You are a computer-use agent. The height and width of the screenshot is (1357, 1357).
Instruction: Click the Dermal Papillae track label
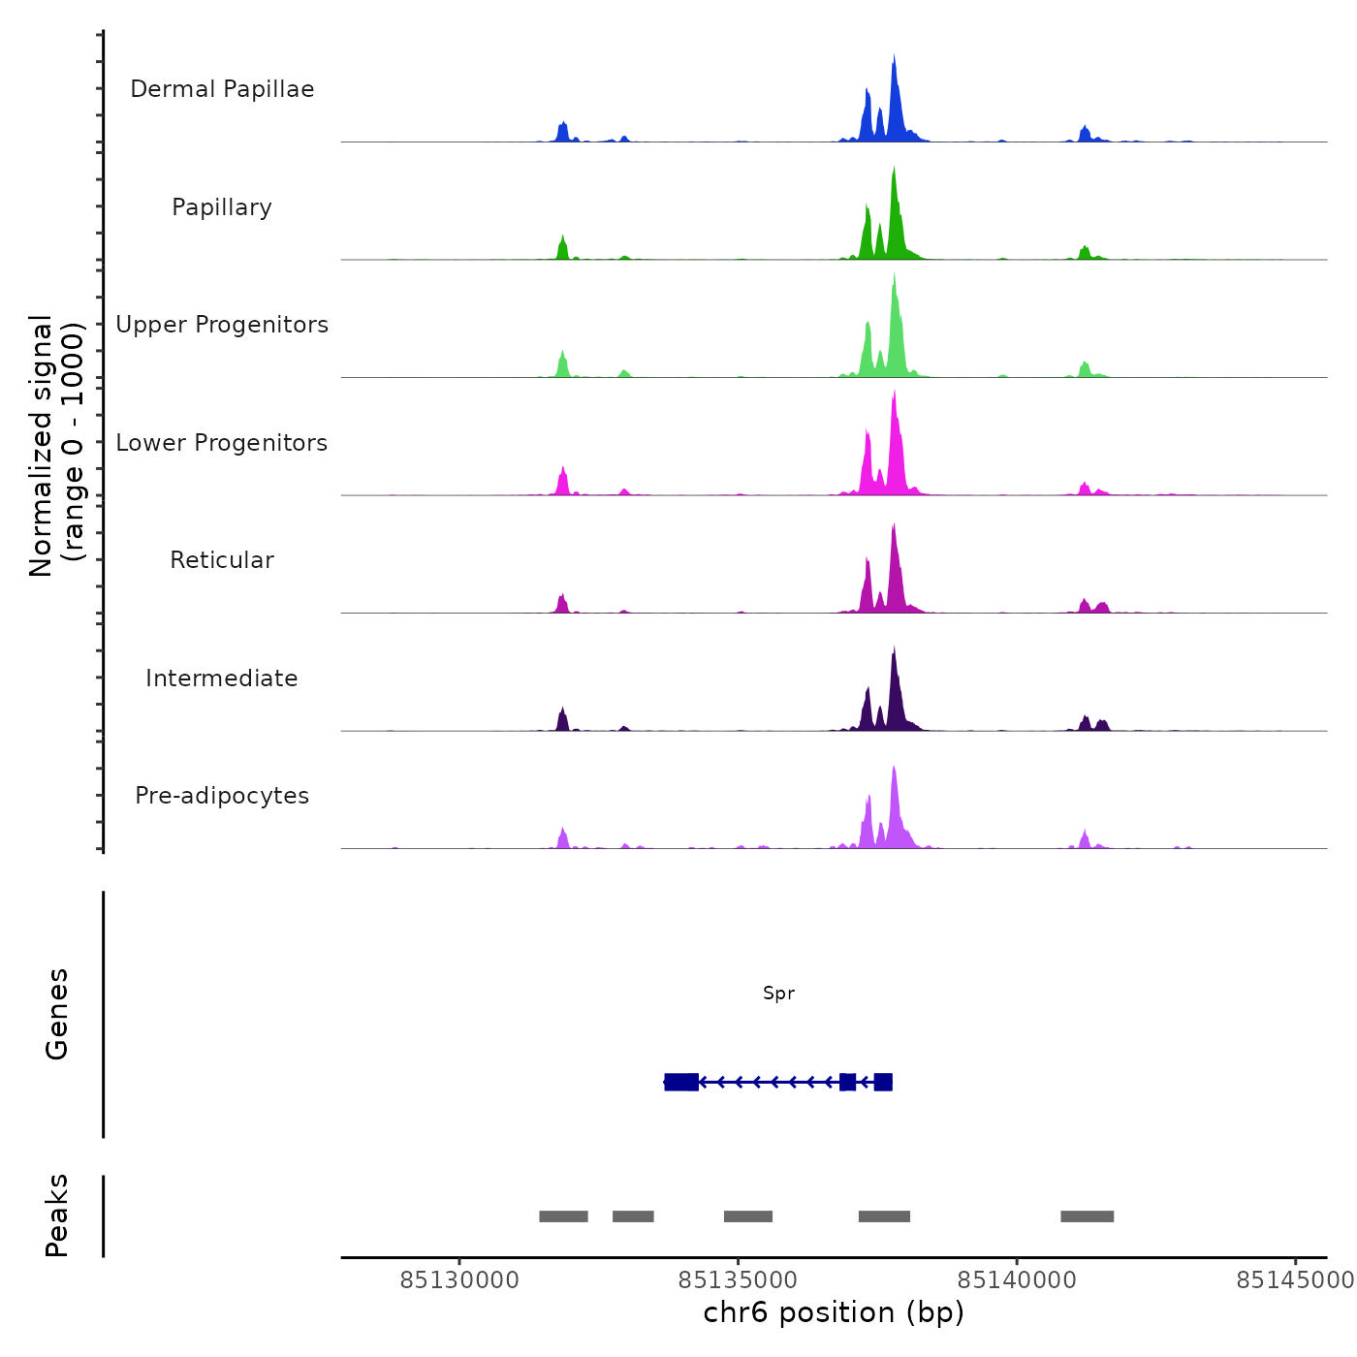point(222,89)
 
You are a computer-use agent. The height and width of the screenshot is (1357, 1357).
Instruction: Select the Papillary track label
point(222,207)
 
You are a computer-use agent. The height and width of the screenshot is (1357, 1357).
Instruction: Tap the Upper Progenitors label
point(222,325)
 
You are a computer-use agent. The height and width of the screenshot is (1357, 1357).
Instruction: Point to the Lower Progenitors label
point(222,443)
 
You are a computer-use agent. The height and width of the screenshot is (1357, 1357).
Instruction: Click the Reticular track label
point(222,560)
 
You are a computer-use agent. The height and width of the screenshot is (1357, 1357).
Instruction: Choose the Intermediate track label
point(222,678)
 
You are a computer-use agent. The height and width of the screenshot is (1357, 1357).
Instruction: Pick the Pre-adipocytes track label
point(222,796)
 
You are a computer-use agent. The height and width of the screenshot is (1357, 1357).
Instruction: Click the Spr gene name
point(778,994)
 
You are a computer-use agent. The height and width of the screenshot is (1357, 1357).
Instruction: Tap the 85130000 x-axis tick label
point(459,1280)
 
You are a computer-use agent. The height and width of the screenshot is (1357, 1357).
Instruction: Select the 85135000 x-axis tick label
point(738,1280)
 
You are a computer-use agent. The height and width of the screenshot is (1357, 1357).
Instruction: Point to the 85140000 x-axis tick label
point(1017,1280)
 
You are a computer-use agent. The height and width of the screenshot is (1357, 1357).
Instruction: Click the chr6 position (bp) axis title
point(834,1313)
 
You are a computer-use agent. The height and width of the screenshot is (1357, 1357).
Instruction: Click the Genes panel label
point(57,1014)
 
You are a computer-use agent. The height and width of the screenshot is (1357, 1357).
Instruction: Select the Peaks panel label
point(57,1215)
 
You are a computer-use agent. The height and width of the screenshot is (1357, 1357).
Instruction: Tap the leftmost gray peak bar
point(563,1216)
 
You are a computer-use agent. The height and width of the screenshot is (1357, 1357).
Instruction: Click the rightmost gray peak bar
point(1087,1216)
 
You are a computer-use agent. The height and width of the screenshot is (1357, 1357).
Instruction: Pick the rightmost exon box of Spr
point(883,1082)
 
